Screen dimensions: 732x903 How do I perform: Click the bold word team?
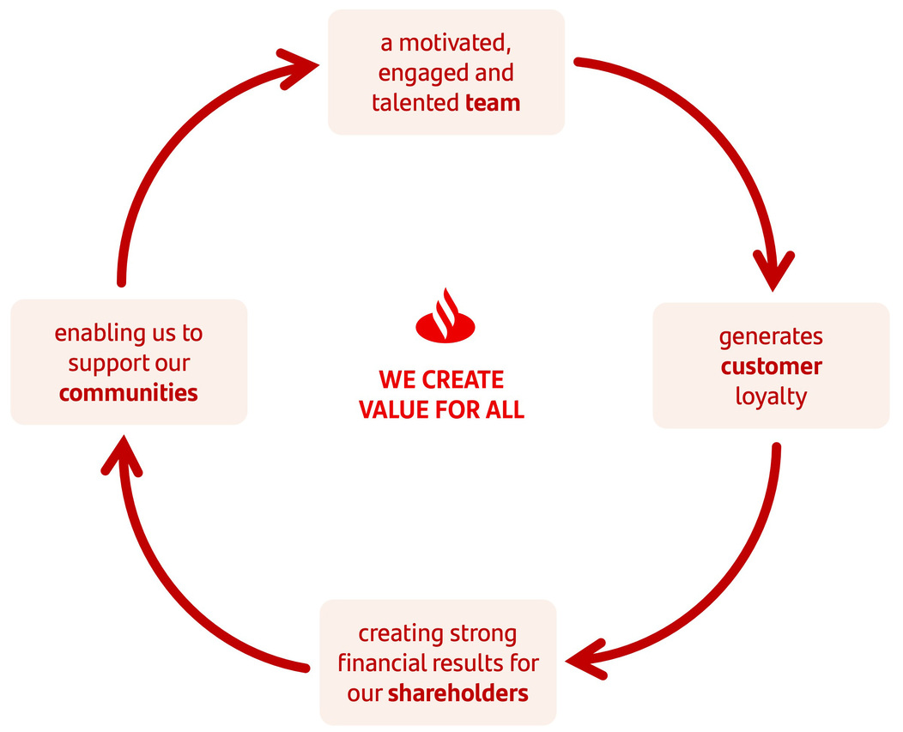(x=493, y=103)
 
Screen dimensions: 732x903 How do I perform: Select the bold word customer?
(x=771, y=366)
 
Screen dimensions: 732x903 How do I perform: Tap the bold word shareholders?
(x=458, y=693)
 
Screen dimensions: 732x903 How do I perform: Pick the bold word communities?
(x=129, y=393)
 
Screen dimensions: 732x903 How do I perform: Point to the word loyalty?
(x=771, y=396)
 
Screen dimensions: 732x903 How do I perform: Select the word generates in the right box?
(x=771, y=336)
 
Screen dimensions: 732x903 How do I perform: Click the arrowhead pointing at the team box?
(x=300, y=66)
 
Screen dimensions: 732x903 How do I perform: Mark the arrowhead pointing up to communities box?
(x=120, y=457)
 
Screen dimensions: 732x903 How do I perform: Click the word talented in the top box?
(x=415, y=103)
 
